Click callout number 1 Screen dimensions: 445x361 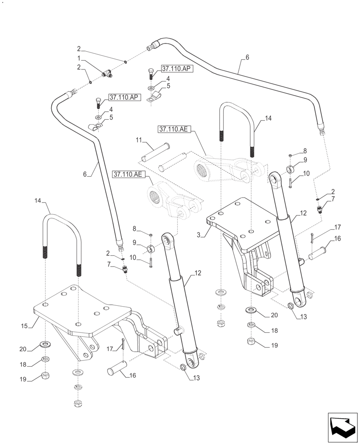click(79, 58)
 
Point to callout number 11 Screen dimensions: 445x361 click(138, 140)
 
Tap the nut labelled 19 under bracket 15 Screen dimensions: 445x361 click(46, 376)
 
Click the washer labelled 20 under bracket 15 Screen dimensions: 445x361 click(45, 344)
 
